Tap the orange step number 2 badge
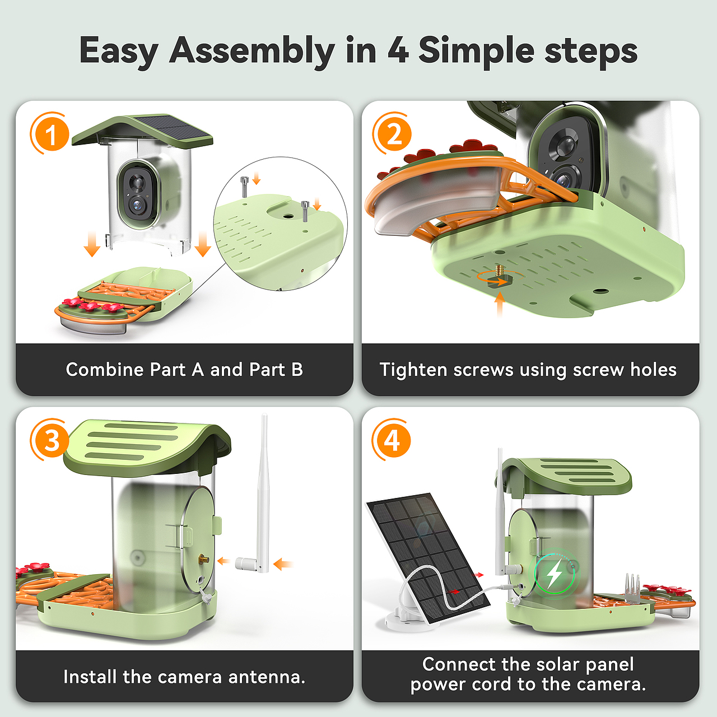[x=393, y=133]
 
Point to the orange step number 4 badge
[x=392, y=440]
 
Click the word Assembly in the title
[x=252, y=51]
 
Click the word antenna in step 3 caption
[x=267, y=677]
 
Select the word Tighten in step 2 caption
[x=413, y=370]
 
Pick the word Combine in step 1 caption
[x=105, y=370]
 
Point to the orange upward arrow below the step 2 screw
[x=500, y=304]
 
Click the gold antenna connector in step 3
[x=204, y=558]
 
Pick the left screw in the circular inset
[x=244, y=187]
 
